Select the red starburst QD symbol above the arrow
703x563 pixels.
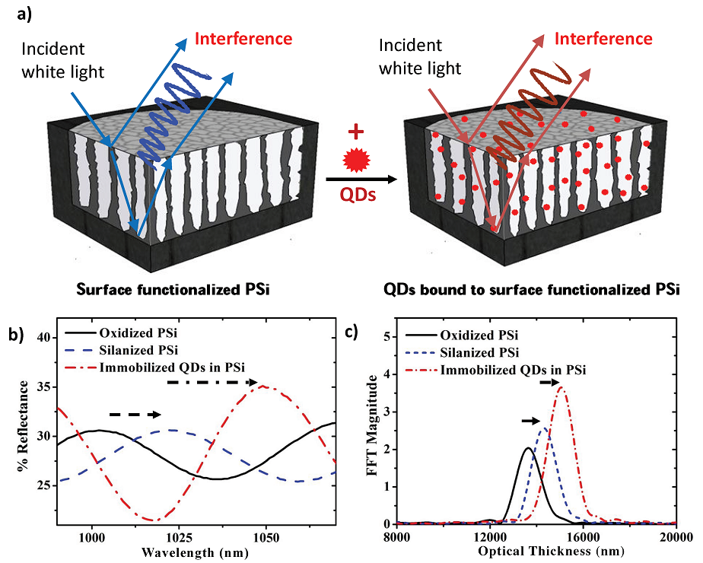[x=355, y=162]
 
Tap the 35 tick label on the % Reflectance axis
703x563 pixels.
[x=41, y=386]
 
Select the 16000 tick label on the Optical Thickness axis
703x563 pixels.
[x=583, y=536]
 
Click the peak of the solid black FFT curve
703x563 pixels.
[x=529, y=448]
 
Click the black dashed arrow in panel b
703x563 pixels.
[x=135, y=414]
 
